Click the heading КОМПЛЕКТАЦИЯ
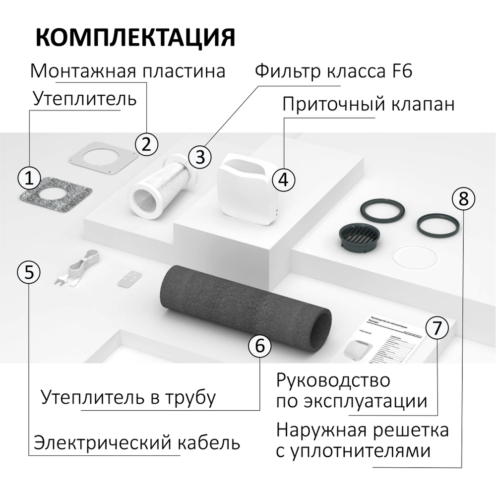click(135, 37)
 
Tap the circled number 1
click(29, 177)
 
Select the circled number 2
click(146, 144)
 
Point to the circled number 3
click(200, 156)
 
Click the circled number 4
click(283, 179)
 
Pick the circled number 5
click(29, 271)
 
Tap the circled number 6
click(259, 346)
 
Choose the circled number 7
click(436, 328)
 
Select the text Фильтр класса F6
click(333, 71)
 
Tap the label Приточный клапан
click(368, 105)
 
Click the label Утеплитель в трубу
click(129, 397)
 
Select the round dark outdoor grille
click(359, 236)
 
